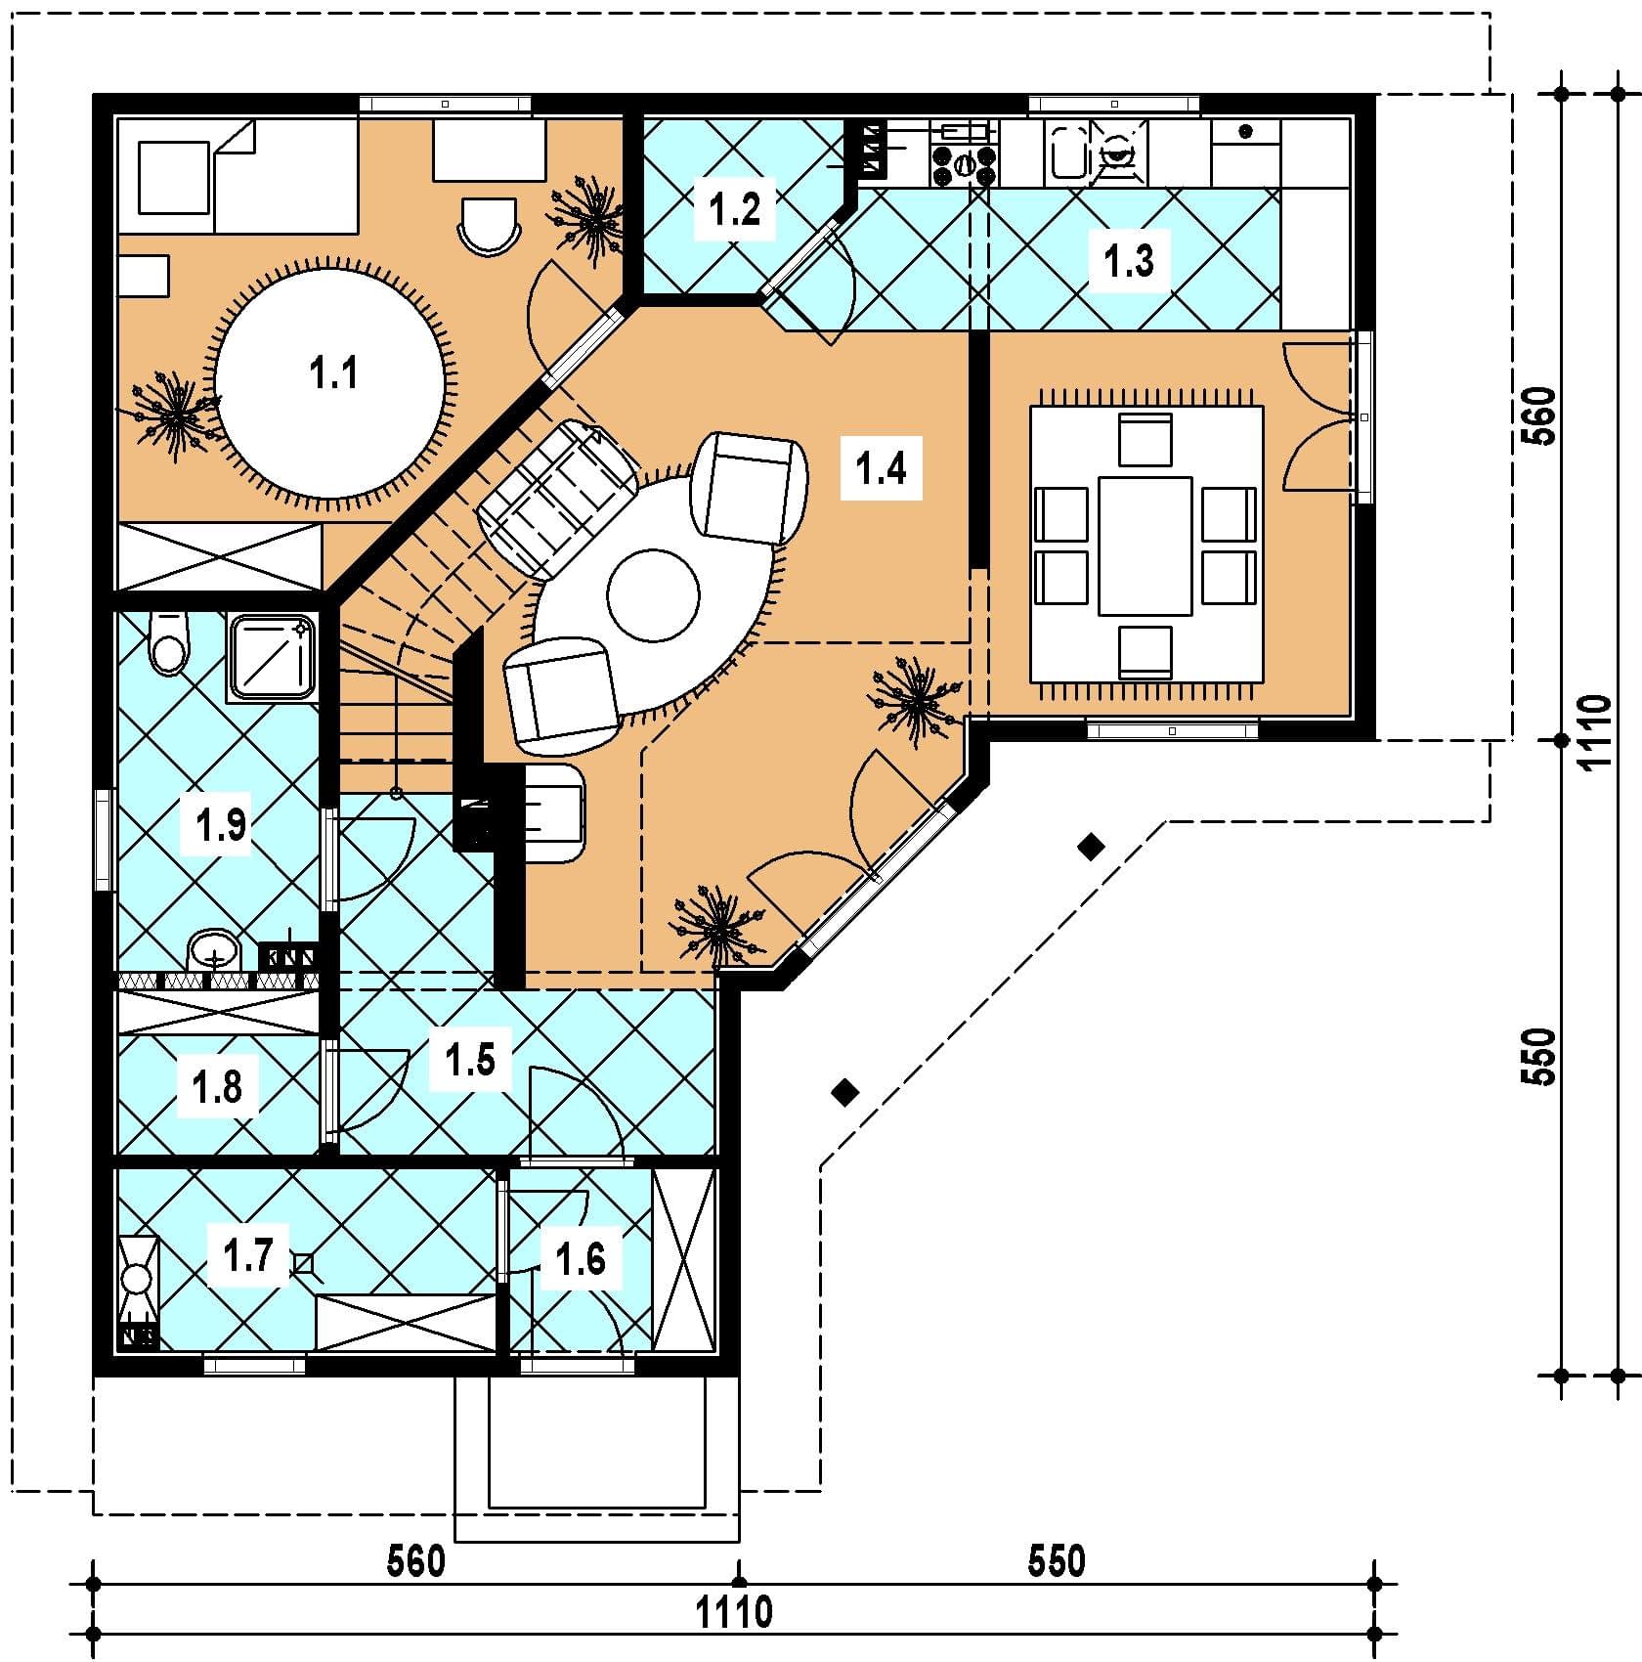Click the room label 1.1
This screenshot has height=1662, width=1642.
[333, 373]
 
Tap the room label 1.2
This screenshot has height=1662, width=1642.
[734, 208]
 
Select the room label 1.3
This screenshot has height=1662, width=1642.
[1129, 261]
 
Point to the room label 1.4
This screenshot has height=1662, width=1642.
[881, 468]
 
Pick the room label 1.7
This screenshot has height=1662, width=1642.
[248, 1254]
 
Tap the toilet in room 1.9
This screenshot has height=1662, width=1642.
[168, 642]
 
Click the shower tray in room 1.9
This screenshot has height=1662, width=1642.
[273, 658]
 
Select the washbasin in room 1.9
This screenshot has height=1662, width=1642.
[213, 950]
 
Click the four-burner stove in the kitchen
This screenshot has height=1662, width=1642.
[965, 165]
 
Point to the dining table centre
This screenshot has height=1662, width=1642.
[1145, 546]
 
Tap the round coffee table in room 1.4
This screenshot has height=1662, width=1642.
[653, 594]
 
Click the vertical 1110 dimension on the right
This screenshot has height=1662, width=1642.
[1594, 733]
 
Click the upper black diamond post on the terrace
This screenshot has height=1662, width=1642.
[1092, 847]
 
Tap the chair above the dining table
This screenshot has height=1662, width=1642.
[1145, 439]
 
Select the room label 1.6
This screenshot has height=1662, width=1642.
[581, 1260]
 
